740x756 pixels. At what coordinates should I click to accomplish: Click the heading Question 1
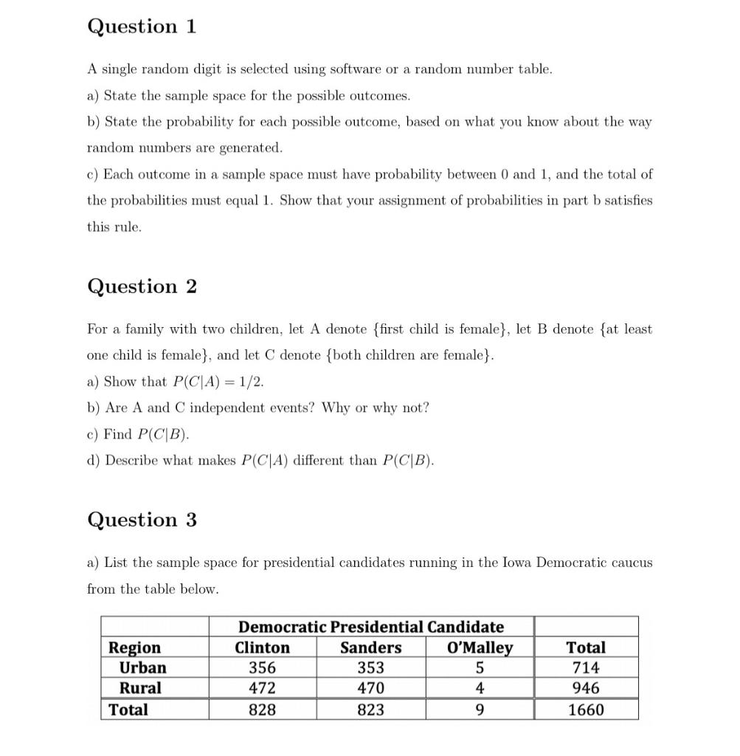pyautogui.click(x=142, y=27)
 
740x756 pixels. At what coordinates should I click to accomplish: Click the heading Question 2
pyautogui.click(x=142, y=286)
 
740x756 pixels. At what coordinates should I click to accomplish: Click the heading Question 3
pyautogui.click(x=142, y=520)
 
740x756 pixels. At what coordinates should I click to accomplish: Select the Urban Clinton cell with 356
pyautogui.click(x=262, y=668)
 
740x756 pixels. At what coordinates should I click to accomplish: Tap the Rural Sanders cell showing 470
pyautogui.click(x=370, y=688)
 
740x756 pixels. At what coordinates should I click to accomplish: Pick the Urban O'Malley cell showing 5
pyautogui.click(x=480, y=668)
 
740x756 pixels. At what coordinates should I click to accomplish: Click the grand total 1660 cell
pyautogui.click(x=586, y=710)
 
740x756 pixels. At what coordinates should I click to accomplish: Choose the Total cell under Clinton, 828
pyautogui.click(x=262, y=710)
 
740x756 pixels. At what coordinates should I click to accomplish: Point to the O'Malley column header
pyautogui.click(x=480, y=648)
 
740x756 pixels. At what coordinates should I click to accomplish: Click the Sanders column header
pyautogui.click(x=370, y=648)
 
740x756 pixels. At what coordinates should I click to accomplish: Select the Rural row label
pyautogui.click(x=140, y=688)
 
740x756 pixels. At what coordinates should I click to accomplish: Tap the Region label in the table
pyautogui.click(x=134, y=648)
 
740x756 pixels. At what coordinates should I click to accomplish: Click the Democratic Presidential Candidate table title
pyautogui.click(x=370, y=628)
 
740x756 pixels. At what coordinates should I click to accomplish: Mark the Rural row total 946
pyautogui.click(x=586, y=688)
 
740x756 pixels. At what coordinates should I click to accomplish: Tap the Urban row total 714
pyautogui.click(x=586, y=668)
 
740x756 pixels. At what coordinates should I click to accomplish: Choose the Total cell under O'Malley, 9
pyautogui.click(x=480, y=710)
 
